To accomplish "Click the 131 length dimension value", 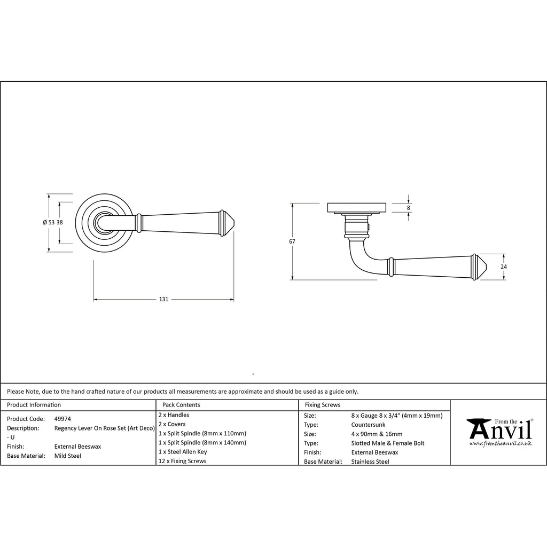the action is [163, 299].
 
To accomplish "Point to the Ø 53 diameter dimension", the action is [49, 223].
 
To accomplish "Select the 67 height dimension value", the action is [292, 241].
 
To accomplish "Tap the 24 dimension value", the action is [504, 267].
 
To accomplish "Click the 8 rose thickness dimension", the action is [409, 208].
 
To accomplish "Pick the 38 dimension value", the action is [60, 223].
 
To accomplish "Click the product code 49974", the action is [63, 419].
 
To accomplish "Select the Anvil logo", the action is [500, 432].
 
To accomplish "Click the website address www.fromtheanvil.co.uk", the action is [500, 443].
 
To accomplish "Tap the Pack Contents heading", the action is [181, 405].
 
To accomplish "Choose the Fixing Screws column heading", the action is [323, 405].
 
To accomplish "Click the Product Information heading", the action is [34, 405].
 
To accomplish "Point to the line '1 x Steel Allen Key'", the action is [183, 452].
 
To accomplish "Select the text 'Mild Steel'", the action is [68, 456].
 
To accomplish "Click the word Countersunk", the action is [369, 425].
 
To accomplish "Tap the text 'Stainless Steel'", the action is [370, 462].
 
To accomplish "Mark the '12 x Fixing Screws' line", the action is [183, 461].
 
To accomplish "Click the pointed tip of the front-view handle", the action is [235, 223].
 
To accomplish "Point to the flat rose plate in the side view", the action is [356, 208].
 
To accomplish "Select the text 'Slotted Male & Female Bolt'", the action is [388, 443].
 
